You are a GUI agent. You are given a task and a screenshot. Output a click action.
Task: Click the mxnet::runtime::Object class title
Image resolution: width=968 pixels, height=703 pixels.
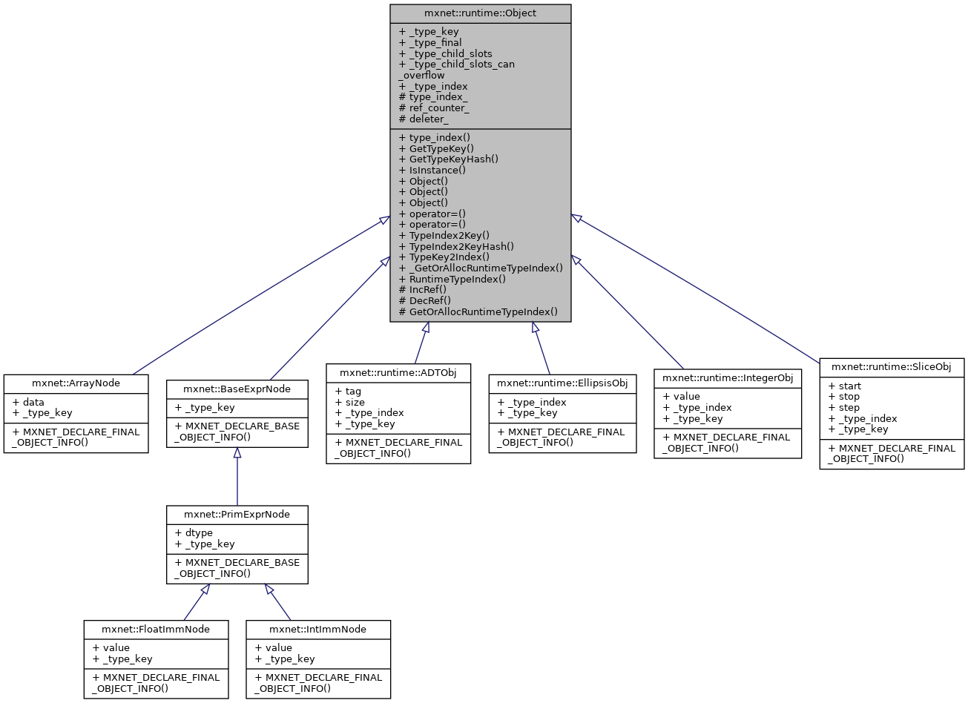tap(480, 13)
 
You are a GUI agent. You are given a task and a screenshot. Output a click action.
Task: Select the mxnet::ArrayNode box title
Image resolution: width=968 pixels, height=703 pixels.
tap(76, 383)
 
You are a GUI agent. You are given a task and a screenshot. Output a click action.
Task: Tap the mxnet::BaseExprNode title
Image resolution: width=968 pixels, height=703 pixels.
tap(237, 389)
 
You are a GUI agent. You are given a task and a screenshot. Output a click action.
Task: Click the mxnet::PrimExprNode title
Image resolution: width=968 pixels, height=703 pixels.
tap(237, 514)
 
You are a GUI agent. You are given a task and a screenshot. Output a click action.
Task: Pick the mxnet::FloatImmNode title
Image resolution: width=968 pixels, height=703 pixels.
tap(156, 629)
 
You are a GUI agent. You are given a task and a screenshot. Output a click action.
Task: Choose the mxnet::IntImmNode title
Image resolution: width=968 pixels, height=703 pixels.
tap(317, 629)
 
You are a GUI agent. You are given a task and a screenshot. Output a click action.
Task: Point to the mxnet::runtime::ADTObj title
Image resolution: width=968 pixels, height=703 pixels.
tap(398, 372)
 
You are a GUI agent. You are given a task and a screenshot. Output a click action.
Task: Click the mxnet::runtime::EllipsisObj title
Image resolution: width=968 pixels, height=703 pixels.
tap(562, 383)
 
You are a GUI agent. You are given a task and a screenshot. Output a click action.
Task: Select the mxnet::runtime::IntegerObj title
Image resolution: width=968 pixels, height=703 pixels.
tap(728, 377)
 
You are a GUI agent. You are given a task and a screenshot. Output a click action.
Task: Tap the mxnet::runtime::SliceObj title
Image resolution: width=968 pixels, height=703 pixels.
tap(891, 367)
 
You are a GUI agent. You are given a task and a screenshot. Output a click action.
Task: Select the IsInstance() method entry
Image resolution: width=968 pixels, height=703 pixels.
tap(432, 170)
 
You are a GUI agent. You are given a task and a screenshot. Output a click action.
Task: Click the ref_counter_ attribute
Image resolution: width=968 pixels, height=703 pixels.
tap(434, 108)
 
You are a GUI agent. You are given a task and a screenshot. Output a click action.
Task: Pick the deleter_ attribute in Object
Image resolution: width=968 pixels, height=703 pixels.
tap(424, 119)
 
